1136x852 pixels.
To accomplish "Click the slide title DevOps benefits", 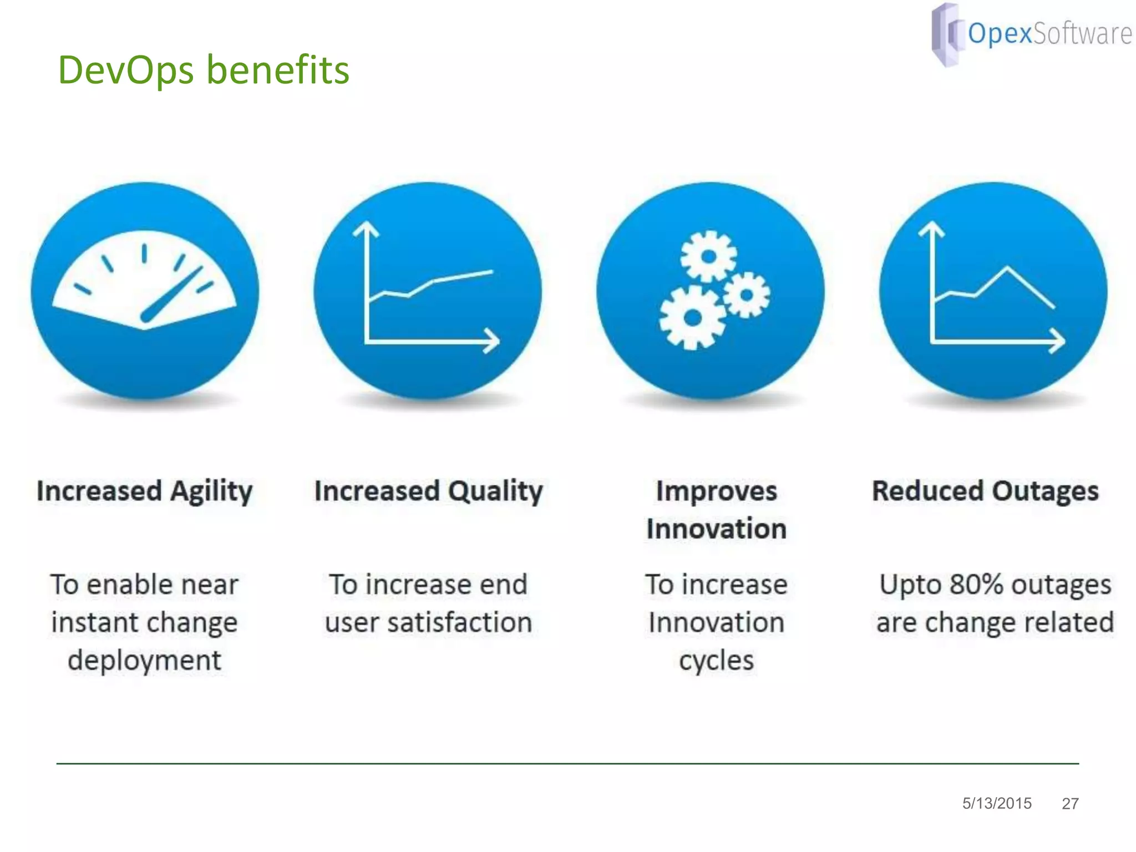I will pos(204,70).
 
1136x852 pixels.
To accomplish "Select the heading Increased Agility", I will pos(144,491).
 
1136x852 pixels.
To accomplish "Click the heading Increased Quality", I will pos(428,491).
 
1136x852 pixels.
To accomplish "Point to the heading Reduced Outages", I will pos(985,491).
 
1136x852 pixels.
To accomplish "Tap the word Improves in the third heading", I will pos(716,491).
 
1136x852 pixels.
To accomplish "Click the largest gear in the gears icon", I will pos(692,318).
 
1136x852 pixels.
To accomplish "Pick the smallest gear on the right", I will pos(747,295).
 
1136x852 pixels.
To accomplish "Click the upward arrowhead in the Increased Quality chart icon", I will pos(366,229).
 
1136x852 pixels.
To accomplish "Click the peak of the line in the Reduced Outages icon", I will pos(1007,268).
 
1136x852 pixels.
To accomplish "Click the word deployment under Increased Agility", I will pos(144,661).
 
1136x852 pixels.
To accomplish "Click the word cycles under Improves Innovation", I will pos(716,661).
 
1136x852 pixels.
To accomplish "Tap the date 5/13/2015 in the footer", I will pos(997,803).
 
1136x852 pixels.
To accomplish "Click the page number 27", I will pos(1070,804).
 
